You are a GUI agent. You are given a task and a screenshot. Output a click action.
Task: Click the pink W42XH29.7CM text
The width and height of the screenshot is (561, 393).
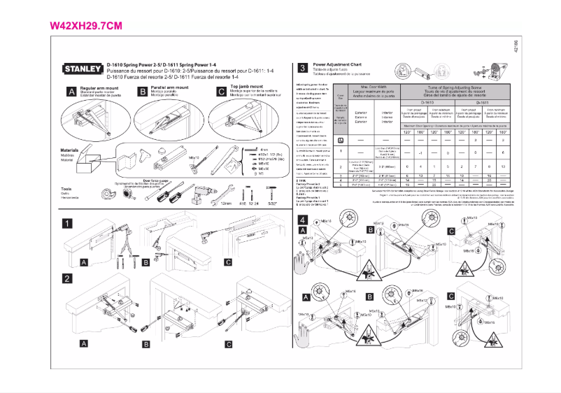click(x=87, y=26)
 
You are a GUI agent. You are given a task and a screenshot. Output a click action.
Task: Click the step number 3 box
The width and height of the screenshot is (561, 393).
click(x=301, y=69)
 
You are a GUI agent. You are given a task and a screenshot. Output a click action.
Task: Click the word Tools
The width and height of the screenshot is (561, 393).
click(x=66, y=190)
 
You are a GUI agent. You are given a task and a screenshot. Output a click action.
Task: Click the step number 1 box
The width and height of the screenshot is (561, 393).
click(x=68, y=224)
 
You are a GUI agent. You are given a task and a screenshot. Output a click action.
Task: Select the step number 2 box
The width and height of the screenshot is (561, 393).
click(x=68, y=278)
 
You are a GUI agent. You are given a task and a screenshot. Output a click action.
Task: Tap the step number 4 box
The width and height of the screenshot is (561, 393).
click(x=301, y=220)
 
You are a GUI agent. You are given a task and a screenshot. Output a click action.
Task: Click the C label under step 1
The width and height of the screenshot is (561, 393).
click(x=228, y=263)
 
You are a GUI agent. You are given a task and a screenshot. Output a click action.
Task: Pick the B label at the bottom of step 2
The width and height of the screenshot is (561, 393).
click(x=146, y=345)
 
